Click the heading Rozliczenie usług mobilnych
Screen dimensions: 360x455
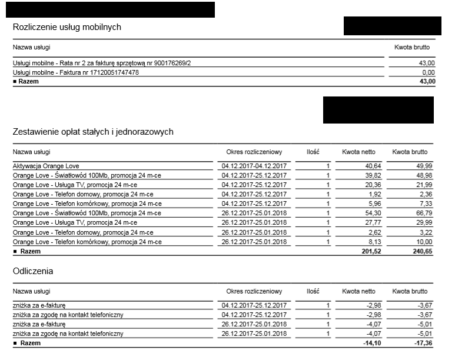67,27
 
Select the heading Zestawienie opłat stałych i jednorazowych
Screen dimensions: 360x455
93,132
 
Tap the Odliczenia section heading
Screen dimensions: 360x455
33,271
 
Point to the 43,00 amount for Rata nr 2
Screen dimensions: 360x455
427,63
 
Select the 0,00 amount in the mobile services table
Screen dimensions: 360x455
429,72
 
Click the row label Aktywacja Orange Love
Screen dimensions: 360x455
46,166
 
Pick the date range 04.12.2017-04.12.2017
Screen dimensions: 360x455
254,166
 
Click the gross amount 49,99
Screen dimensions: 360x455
424,166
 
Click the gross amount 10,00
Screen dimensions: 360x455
424,242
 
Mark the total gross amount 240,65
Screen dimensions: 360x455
420,251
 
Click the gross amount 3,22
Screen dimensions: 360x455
426,232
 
